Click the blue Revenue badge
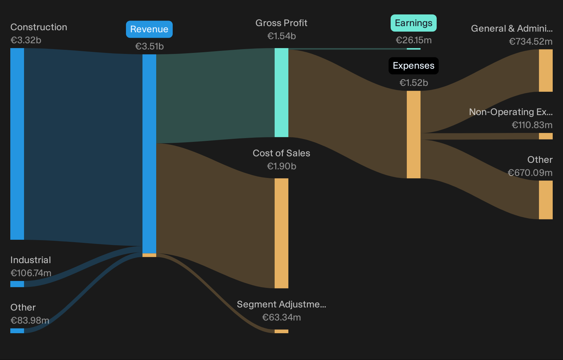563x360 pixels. point(149,29)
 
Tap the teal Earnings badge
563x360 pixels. point(413,23)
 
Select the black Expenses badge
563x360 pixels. point(413,66)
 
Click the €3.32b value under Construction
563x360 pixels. point(26,40)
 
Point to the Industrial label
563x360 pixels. point(31,260)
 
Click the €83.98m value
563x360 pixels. point(30,320)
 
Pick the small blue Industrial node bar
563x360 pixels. point(17,284)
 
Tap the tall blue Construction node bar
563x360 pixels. point(17,144)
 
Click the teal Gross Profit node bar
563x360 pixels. point(281,93)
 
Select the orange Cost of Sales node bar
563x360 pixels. point(281,233)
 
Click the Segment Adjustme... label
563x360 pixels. point(281,304)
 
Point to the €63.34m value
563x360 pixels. point(281,317)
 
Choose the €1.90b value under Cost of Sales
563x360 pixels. point(281,166)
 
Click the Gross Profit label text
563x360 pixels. point(281,23)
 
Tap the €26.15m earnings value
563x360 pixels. point(414,40)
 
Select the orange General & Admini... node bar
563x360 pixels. point(545,70)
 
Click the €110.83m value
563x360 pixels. point(532,125)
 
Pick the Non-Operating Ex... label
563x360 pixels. point(511,112)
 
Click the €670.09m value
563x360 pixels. point(530,173)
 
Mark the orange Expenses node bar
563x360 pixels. point(413,135)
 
